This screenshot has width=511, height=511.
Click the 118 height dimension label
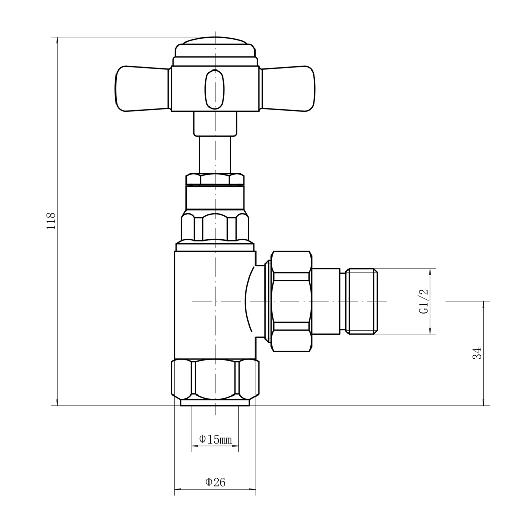tap(51, 221)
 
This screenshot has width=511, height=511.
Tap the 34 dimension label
tap(477, 353)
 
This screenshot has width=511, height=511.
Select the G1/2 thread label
tap(424, 301)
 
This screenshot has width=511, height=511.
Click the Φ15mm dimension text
tap(215, 439)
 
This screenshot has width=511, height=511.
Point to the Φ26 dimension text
tap(215, 482)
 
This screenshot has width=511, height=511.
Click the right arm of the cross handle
tap(289, 89)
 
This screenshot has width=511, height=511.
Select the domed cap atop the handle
tap(215, 49)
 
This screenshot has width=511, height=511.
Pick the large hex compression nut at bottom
tap(215, 379)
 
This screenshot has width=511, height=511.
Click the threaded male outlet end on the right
tap(362, 301)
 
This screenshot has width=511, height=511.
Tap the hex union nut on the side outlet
tap(291, 301)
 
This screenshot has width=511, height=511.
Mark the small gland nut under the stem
tap(215, 179)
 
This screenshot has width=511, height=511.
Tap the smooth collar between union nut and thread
tap(326, 301)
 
